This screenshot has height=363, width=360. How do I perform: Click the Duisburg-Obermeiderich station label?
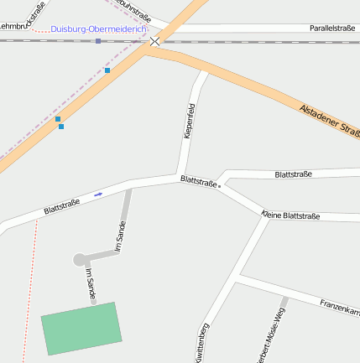98,29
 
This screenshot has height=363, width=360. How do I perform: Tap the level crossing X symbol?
155,40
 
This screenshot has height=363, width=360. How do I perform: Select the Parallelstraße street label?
331,28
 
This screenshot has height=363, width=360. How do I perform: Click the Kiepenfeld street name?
190,120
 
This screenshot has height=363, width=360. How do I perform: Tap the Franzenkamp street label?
339,306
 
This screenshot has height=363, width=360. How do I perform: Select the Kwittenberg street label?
201,343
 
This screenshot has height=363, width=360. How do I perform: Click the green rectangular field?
81,328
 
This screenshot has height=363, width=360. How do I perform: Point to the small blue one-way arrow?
99,194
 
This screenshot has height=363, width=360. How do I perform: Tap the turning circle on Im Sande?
80,260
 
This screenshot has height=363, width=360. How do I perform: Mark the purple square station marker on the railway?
98,40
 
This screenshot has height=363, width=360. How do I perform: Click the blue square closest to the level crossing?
107,70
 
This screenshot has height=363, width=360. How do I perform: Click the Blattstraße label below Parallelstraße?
293,174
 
